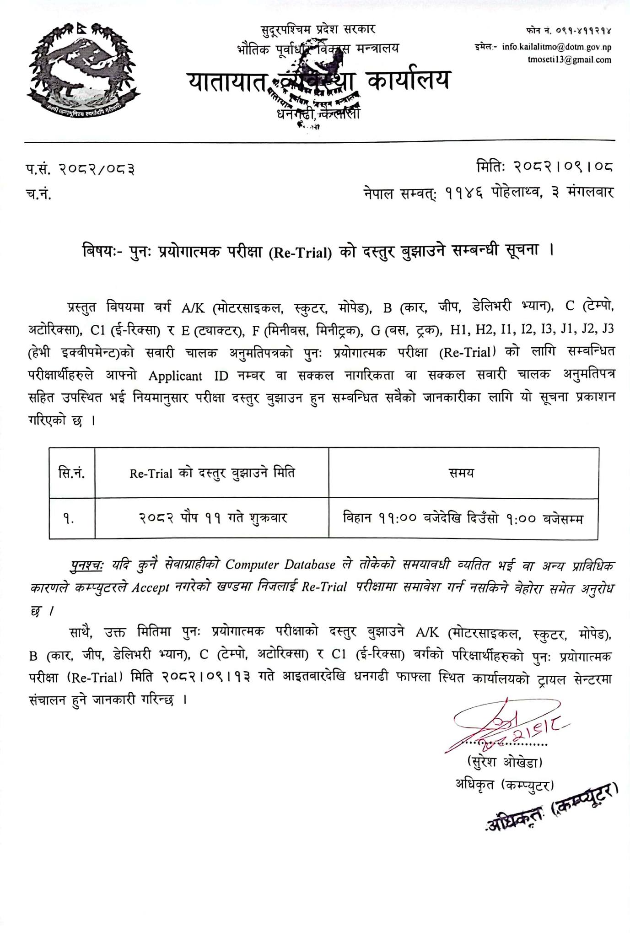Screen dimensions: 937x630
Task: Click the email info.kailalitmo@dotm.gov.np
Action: [x=556, y=47]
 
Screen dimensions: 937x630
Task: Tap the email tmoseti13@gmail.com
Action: [x=569, y=60]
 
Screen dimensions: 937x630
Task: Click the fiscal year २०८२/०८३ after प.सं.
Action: [x=97, y=170]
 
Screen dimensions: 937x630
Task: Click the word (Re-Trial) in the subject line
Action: [x=299, y=253]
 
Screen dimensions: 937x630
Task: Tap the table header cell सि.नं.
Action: [x=72, y=473]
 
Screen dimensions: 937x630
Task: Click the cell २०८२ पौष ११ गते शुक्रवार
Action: [x=213, y=518]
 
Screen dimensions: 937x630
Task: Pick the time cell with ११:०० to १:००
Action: [x=463, y=518]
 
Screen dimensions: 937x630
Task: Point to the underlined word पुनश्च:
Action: [x=87, y=565]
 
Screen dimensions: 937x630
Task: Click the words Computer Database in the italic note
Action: [x=280, y=565]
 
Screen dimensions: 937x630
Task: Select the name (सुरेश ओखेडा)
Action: [x=504, y=763]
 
